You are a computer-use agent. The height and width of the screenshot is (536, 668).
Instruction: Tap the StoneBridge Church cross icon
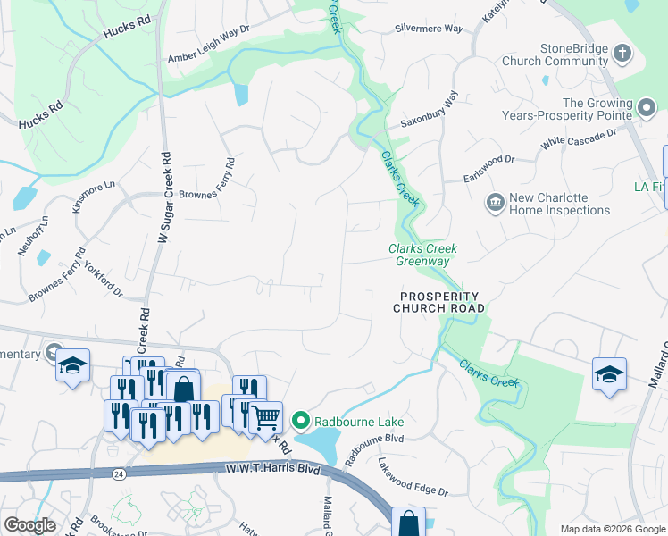point(622,54)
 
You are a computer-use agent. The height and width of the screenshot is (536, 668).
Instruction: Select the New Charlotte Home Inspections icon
point(494,204)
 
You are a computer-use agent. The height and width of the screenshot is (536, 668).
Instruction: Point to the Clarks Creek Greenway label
point(418,255)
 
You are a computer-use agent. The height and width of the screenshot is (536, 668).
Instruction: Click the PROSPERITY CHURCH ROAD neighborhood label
point(439,302)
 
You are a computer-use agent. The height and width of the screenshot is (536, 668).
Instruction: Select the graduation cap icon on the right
point(609,373)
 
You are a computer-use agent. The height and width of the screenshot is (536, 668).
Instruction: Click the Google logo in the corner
point(29,524)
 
